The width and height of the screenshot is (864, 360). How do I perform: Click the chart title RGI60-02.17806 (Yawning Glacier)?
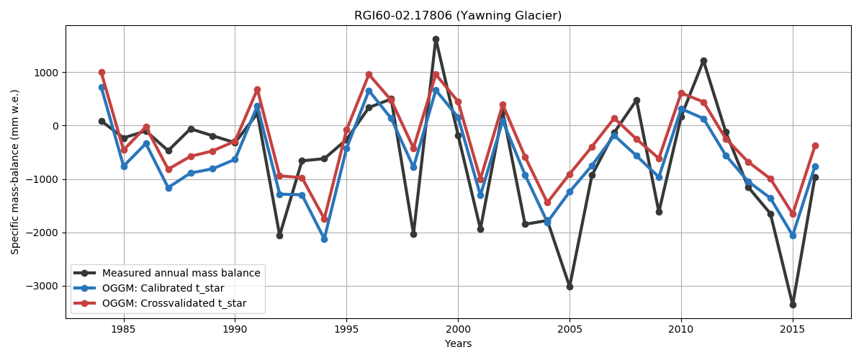pos(457,15)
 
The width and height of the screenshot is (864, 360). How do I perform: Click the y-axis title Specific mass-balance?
pos(15,171)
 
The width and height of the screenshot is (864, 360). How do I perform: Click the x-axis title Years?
pos(458,343)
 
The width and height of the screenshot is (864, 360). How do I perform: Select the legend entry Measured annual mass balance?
pos(181,273)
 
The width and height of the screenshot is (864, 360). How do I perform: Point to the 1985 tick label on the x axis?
pos(123,328)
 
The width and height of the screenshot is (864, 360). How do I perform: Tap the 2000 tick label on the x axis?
pos(458,328)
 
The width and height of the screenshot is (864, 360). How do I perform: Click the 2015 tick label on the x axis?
pos(793,328)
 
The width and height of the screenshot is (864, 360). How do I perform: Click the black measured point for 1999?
pos(436,39)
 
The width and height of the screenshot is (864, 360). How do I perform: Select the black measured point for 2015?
pos(793,305)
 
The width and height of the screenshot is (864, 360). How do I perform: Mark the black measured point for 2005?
pos(570,287)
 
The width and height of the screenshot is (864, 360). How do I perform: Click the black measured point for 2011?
pos(703,60)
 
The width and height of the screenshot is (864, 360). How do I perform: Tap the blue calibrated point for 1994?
pos(324,239)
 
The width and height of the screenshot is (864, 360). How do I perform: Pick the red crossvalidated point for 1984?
pos(102,72)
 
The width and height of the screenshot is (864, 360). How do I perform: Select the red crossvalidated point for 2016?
pos(815,145)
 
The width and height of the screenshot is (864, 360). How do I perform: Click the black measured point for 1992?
pos(279,235)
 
